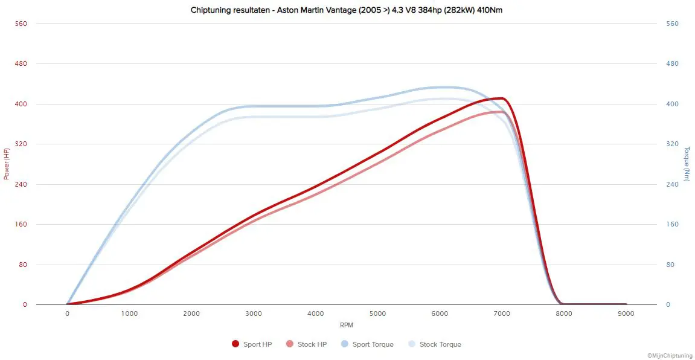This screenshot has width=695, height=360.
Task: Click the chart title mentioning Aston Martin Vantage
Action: [x=347, y=10]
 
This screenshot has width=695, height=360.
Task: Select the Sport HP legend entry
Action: [x=257, y=344]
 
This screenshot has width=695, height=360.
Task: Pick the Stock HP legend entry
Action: [x=312, y=344]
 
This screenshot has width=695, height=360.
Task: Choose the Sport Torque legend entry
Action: [x=373, y=344]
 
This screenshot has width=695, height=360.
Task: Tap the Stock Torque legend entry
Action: [x=440, y=344]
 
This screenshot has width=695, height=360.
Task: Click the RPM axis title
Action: [x=347, y=325]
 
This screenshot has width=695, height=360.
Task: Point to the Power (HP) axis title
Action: [x=7, y=164]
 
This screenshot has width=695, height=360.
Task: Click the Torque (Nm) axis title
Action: [x=687, y=164]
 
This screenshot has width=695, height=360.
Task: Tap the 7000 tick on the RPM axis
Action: [x=502, y=313]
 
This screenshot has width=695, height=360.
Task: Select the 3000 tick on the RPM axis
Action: [x=254, y=313]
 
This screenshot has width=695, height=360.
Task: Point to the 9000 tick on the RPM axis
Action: [x=626, y=313]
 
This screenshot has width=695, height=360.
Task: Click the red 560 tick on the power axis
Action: [x=21, y=24]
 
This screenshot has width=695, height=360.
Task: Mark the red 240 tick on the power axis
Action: [x=21, y=184]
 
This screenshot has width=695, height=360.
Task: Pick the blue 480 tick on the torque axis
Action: [x=672, y=63]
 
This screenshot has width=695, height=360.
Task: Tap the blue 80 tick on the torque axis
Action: [x=670, y=265]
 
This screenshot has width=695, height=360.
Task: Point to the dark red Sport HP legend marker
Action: [x=235, y=344]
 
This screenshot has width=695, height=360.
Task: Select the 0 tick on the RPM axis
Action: [x=67, y=313]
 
